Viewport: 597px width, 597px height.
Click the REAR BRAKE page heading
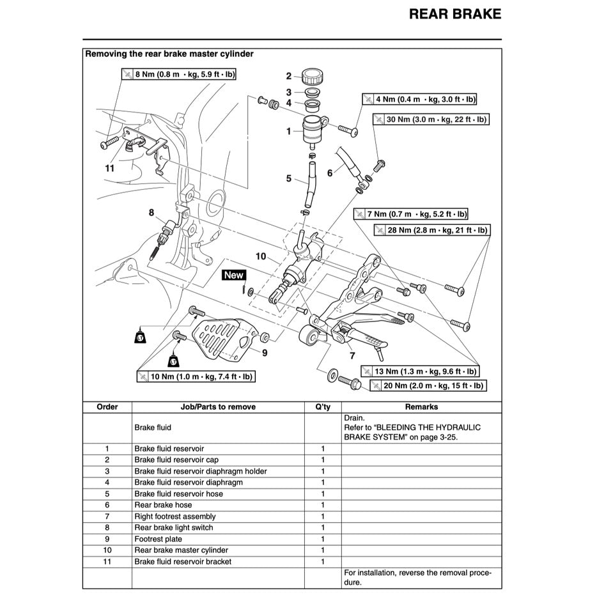454,14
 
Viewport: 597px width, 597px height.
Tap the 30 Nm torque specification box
430,120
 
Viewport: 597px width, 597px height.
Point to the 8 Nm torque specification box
178,75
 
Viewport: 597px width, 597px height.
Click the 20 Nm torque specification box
427,386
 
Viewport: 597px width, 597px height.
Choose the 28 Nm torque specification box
432,230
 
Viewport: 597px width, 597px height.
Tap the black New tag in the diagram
233,275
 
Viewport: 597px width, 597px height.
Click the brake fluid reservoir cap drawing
313,76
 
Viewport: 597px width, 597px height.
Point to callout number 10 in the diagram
260,256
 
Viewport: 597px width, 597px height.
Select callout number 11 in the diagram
109,168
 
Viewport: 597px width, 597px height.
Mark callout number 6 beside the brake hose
330,173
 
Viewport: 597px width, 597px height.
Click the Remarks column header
421,407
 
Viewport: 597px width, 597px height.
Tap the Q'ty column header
322,407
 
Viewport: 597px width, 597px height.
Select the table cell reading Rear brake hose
162,505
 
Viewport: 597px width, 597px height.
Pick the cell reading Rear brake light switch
173,527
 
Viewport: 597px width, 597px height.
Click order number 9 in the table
107,539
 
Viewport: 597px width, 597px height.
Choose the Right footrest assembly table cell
174,516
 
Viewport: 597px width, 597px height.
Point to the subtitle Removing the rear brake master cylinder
169,54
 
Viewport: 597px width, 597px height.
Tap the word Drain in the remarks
353,417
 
